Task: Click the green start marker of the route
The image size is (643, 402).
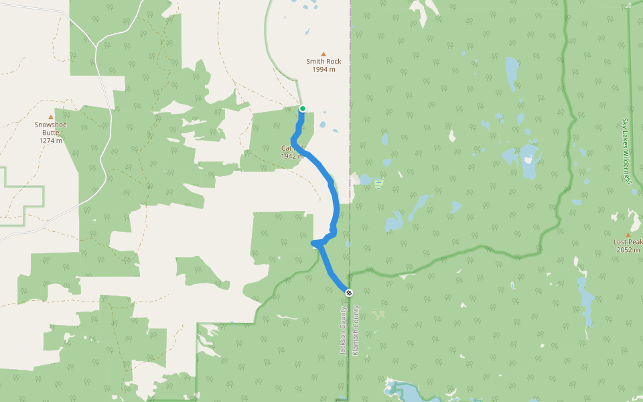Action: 303,109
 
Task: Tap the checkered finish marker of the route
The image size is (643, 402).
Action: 349,292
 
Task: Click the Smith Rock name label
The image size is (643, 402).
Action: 324,62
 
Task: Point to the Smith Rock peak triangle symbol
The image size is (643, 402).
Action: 324,54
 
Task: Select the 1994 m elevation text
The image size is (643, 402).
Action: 324,70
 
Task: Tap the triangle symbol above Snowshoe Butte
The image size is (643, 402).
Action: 51,117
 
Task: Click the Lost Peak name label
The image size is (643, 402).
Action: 628,242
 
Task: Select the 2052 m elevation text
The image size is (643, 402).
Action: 628,250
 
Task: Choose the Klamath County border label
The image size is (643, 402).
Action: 356,330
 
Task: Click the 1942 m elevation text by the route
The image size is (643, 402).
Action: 293,156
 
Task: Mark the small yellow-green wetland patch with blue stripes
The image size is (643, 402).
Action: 379,183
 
